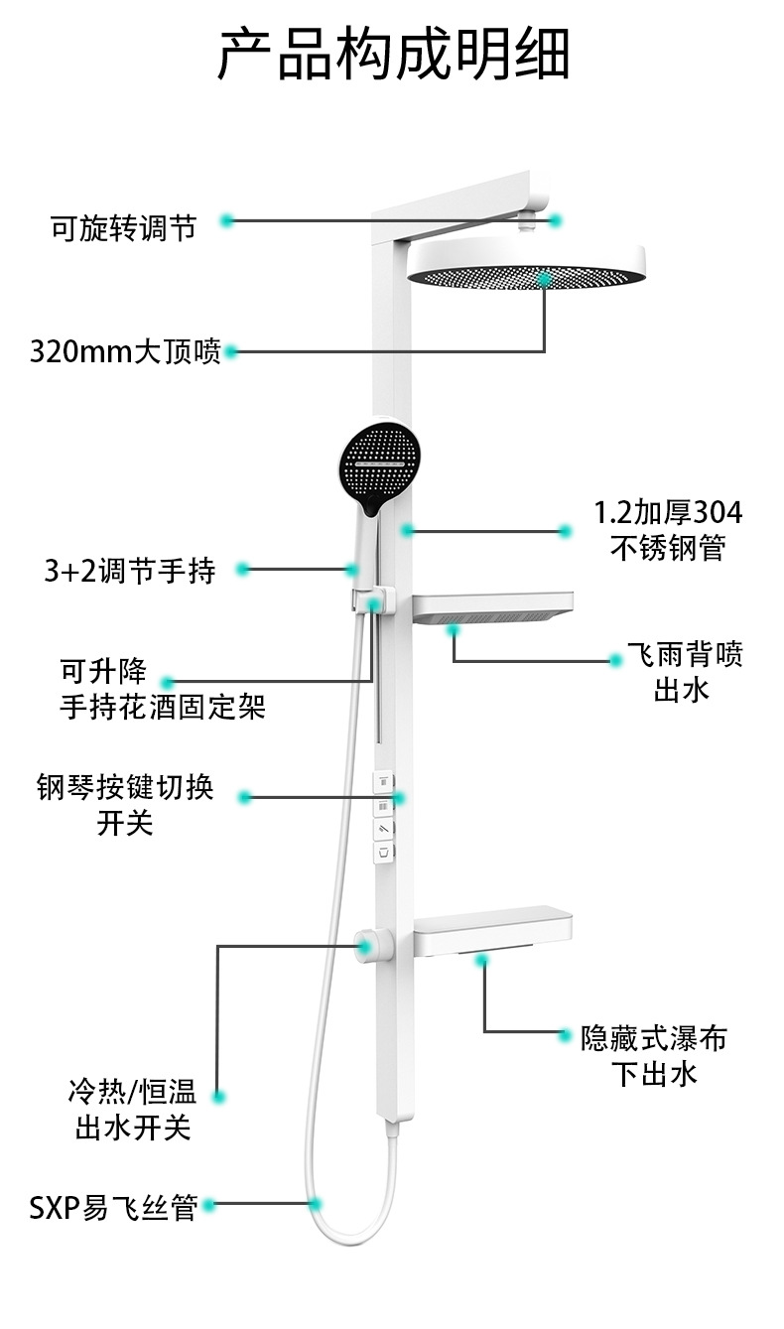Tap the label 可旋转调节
click(x=124, y=227)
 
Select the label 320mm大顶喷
click(x=126, y=351)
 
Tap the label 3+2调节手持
click(x=130, y=571)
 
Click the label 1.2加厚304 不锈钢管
click(x=668, y=530)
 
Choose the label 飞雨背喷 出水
click(x=684, y=672)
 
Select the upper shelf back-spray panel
click(x=492, y=606)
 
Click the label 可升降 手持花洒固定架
click(x=163, y=690)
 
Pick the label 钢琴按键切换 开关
click(x=126, y=806)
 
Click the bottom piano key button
click(x=383, y=851)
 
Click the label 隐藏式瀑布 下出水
click(x=655, y=1055)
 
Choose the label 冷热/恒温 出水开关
click(x=133, y=1111)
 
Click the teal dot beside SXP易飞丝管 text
click(x=208, y=1206)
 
